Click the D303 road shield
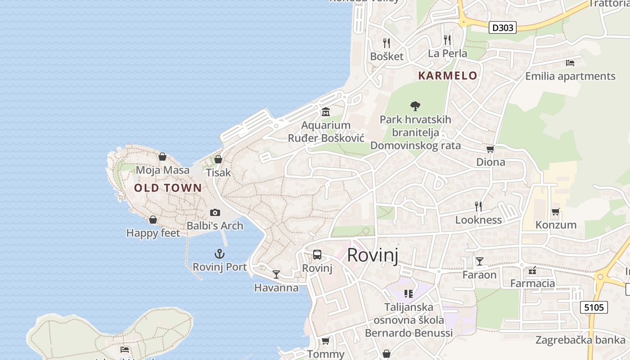pos(502,27)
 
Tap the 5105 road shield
pos(594,307)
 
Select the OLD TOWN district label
pos(168,188)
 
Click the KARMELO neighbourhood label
pos(447,76)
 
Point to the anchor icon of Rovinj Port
pos(220,254)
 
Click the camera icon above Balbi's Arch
pos(215,212)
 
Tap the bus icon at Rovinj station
pos(317,255)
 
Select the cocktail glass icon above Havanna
pos(276,274)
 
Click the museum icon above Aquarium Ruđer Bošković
pos(325,112)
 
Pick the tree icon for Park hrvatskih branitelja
pos(415,106)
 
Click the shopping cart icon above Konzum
pos(555,211)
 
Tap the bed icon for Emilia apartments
pos(570,63)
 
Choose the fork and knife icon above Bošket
pos(387,43)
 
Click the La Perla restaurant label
pos(447,54)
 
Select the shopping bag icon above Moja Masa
pos(162,157)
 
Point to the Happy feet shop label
pos(153,233)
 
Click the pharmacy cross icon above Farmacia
pos(532,270)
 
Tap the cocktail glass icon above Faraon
pos(480,261)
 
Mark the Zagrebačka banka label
pos(580,340)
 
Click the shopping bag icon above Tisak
pos(218,159)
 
